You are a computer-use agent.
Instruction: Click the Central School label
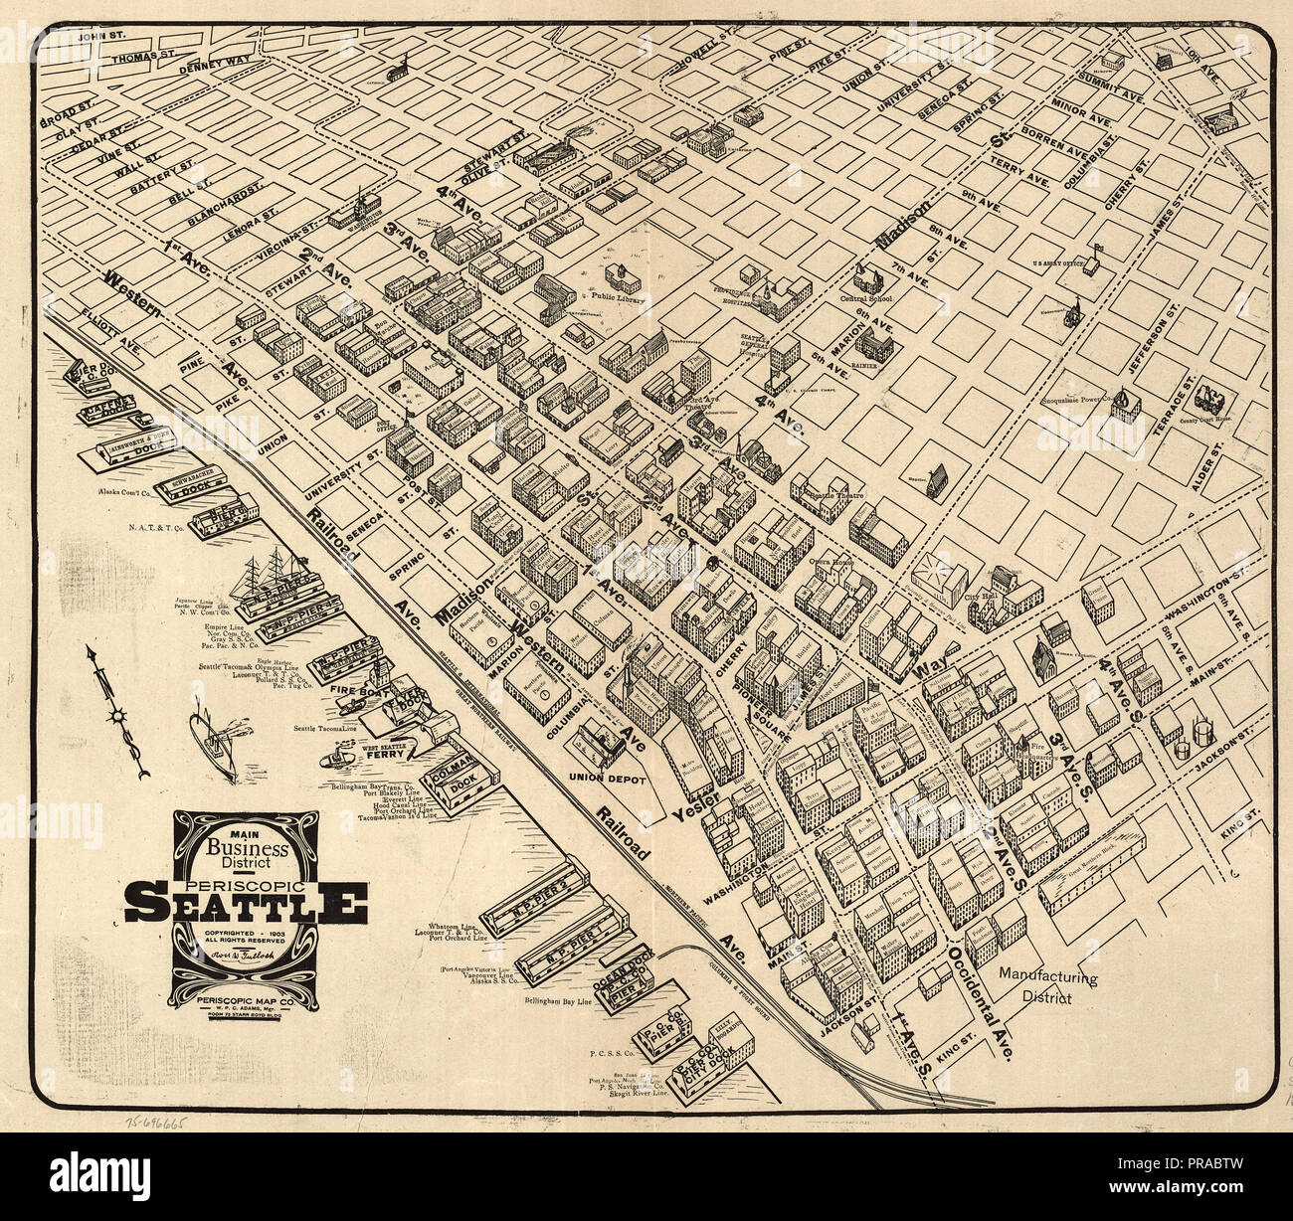click(866, 297)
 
